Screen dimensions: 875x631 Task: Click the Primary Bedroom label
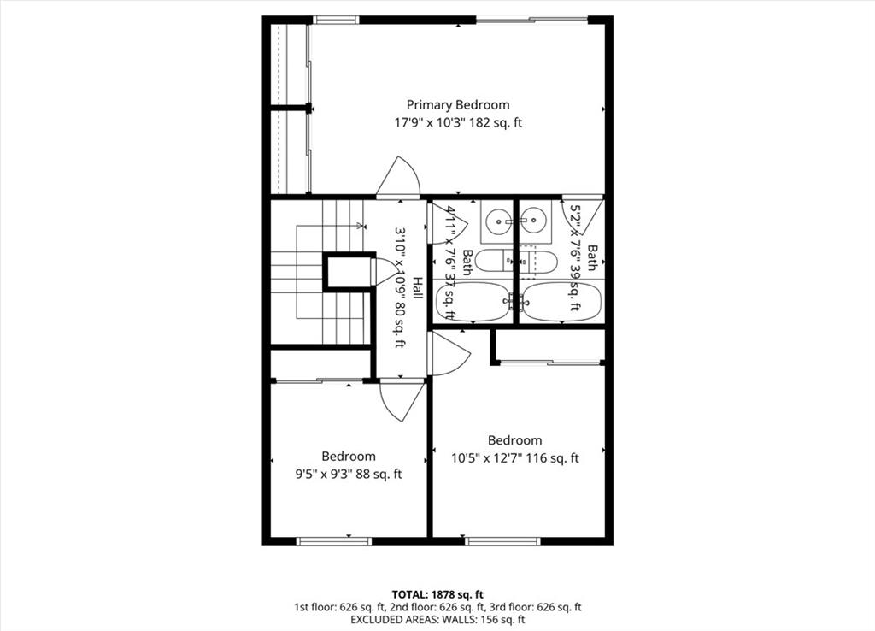click(x=458, y=105)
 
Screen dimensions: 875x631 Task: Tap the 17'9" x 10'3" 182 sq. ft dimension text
click(x=458, y=123)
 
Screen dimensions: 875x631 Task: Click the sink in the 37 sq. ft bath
click(x=496, y=221)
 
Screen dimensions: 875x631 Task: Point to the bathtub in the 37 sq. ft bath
click(x=473, y=302)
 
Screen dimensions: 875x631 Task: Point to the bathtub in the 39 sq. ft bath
click(x=562, y=302)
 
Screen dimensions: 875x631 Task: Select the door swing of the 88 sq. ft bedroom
click(x=402, y=401)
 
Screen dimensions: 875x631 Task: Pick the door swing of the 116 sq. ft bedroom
click(x=448, y=354)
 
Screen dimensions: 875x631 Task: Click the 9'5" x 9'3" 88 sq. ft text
click(x=349, y=475)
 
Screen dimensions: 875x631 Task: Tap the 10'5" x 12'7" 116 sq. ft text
click(x=515, y=458)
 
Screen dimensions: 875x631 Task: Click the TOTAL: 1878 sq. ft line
click(x=437, y=594)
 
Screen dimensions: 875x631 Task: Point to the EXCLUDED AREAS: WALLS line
click(x=437, y=619)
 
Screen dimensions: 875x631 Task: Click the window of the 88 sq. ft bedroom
click(x=334, y=541)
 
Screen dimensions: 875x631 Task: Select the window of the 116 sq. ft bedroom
click(x=502, y=541)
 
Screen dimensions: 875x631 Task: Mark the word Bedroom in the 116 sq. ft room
click(x=515, y=440)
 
